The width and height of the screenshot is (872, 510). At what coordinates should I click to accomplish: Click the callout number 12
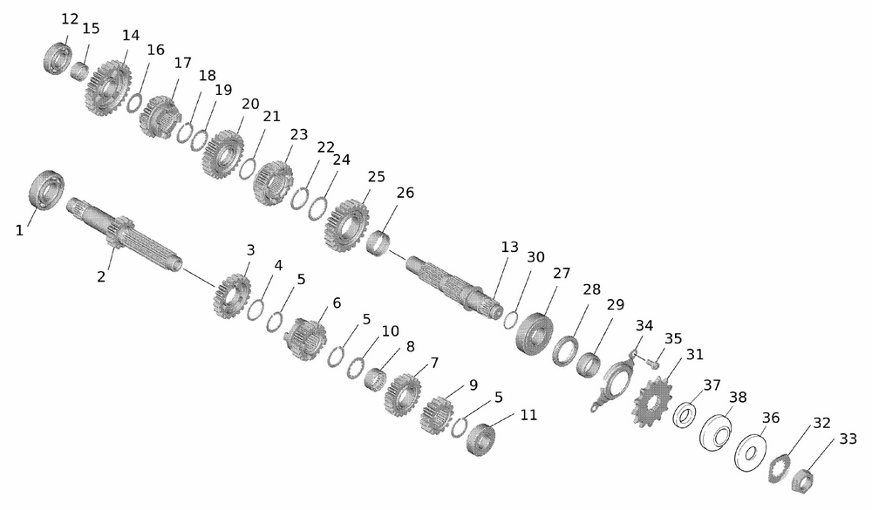pyautogui.click(x=70, y=19)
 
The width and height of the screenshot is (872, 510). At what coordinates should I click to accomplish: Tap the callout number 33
pyautogui.click(x=848, y=439)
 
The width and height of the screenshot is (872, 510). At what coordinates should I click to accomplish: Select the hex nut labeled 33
pyautogui.click(x=803, y=480)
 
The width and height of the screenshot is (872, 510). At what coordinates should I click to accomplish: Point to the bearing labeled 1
pyautogui.click(x=46, y=191)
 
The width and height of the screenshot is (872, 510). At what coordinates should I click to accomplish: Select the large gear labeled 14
pyautogui.click(x=108, y=88)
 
